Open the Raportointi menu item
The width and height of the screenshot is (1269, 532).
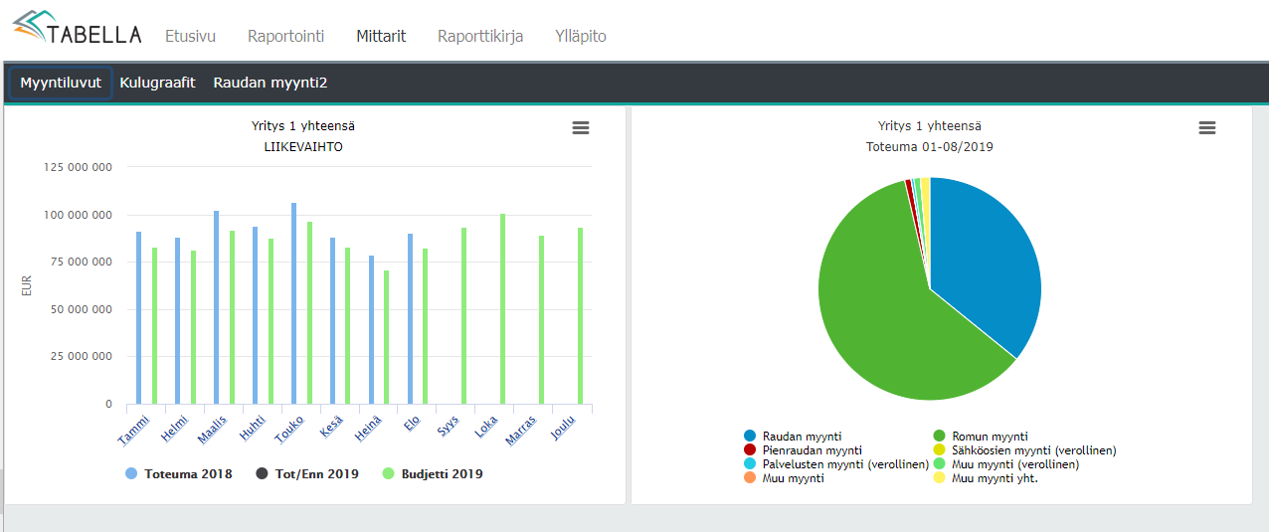[285, 36]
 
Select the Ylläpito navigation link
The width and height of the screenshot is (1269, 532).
[580, 36]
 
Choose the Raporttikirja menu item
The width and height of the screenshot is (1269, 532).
[479, 36]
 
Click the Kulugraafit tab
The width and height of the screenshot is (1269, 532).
[157, 83]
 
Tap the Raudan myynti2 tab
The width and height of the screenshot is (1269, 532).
[270, 83]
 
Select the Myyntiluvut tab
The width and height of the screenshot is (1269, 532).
[61, 83]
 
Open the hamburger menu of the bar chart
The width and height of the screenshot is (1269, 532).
[581, 128]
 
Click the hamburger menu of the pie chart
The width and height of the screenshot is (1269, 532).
[1206, 128]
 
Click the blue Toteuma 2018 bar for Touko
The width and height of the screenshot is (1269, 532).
[293, 303]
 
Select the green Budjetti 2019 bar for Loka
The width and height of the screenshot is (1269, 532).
[502, 308]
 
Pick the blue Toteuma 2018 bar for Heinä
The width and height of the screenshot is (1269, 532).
[371, 329]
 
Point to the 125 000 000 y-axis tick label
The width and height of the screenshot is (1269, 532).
[78, 167]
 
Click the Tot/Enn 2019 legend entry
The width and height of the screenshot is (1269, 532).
[307, 474]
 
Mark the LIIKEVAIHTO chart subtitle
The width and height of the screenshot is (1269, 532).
[302, 147]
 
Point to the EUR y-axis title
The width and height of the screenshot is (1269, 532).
[27, 285]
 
